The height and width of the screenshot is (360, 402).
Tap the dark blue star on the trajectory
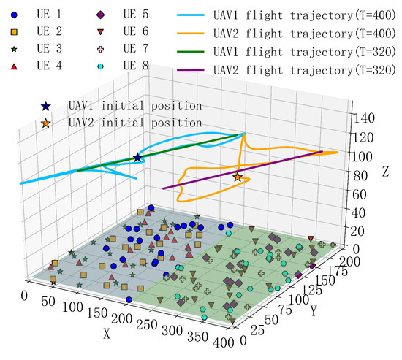click(x=137, y=157)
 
